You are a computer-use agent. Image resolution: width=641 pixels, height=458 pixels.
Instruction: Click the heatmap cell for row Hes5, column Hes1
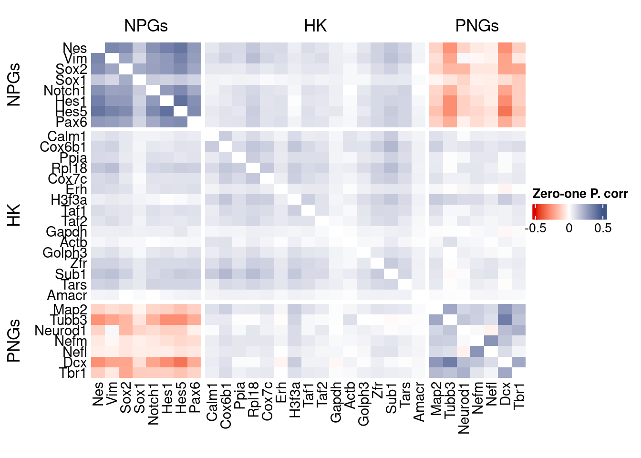[x=167, y=112]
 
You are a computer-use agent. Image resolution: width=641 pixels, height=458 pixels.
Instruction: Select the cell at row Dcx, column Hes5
[x=181, y=362]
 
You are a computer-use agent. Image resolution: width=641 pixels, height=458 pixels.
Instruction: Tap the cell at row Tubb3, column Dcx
[x=505, y=320]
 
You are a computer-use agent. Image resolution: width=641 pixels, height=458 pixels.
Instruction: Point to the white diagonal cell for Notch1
[x=153, y=91]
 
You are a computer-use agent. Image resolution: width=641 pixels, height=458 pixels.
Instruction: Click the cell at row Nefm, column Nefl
[x=491, y=341]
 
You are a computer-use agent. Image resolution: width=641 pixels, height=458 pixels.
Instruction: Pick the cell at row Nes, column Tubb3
[x=450, y=48]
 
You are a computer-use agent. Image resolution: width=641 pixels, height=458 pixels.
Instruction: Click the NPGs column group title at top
[x=146, y=26]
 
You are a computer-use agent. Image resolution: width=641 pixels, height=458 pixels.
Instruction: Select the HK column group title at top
[x=315, y=26]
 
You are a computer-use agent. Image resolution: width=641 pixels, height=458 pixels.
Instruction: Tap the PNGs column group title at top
[x=477, y=26]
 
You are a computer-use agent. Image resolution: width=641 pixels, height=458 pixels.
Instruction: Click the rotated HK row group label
[x=14, y=215]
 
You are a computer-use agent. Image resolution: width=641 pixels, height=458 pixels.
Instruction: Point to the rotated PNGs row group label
[x=14, y=341]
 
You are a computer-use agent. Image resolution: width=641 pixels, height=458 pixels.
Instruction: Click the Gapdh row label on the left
[x=66, y=232]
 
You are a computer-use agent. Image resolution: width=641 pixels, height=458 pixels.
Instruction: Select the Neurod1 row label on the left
[x=61, y=331]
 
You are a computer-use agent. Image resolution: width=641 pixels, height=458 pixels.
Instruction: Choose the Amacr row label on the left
[x=67, y=295]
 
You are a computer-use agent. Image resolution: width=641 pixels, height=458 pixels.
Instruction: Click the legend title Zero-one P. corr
[x=580, y=194]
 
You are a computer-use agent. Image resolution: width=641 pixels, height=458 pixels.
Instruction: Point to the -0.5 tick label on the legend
[x=536, y=228]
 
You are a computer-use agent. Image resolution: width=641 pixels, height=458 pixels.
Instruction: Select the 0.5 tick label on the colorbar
[x=602, y=228]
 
